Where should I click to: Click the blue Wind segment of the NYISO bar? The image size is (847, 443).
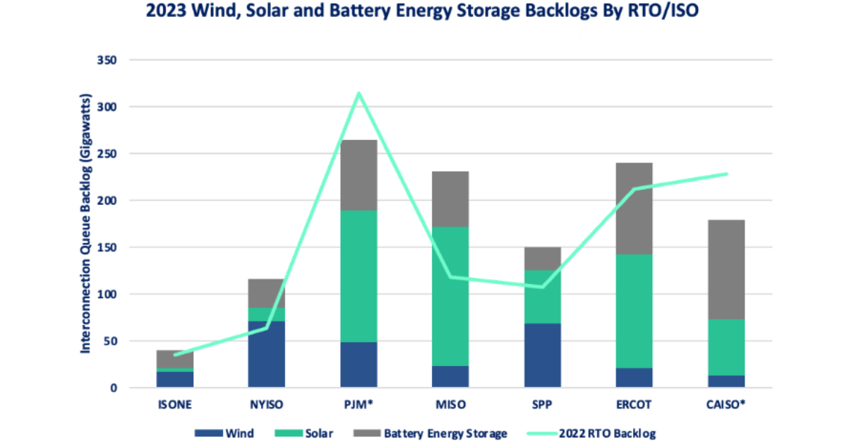tap(266, 354)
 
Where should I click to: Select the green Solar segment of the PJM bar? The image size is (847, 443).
tap(359, 276)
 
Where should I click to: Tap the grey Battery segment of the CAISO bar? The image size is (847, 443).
tap(726, 269)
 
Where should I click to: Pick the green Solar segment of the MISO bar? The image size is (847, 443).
tap(450, 296)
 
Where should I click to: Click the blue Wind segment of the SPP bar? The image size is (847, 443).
tap(542, 355)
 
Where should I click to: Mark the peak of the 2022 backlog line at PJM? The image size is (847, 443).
tap(359, 93)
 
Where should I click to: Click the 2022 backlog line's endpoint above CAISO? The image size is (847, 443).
tap(726, 174)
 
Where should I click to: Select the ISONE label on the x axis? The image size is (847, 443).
tap(174, 405)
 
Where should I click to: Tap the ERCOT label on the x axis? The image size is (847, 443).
tap(634, 405)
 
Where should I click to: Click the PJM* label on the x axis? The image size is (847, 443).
tap(359, 405)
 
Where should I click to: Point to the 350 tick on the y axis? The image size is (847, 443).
tap(107, 60)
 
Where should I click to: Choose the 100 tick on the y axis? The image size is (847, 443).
tap(107, 294)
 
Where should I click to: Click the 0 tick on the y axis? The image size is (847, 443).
tap(112, 388)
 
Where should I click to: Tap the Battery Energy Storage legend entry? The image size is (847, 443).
tap(445, 432)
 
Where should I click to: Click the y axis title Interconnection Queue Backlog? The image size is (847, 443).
tap(84, 223)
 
